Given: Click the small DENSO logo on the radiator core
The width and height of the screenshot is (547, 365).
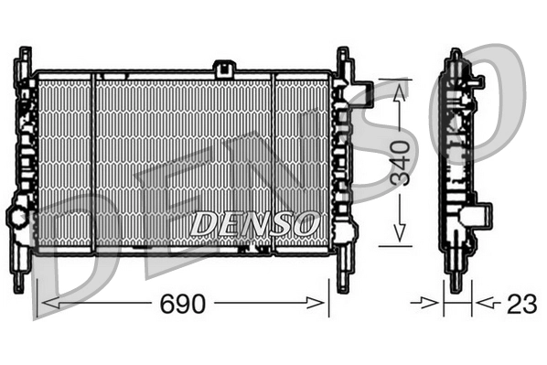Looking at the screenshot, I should pos(253,222).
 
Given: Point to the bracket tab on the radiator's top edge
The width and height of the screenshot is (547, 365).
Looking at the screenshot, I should pos(223,68).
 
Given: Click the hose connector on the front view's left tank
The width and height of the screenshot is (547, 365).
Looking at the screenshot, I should pos(18,218).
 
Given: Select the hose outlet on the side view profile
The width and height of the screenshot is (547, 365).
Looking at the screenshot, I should pos(474,217).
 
